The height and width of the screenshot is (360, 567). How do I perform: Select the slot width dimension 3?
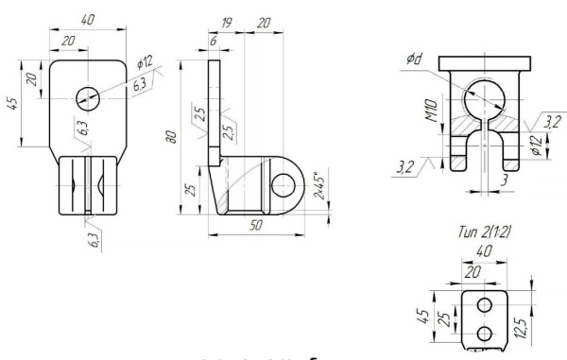click(505, 178)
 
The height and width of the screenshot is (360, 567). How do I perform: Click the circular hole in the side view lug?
click(283, 183)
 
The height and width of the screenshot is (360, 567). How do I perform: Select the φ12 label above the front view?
click(145, 61)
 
